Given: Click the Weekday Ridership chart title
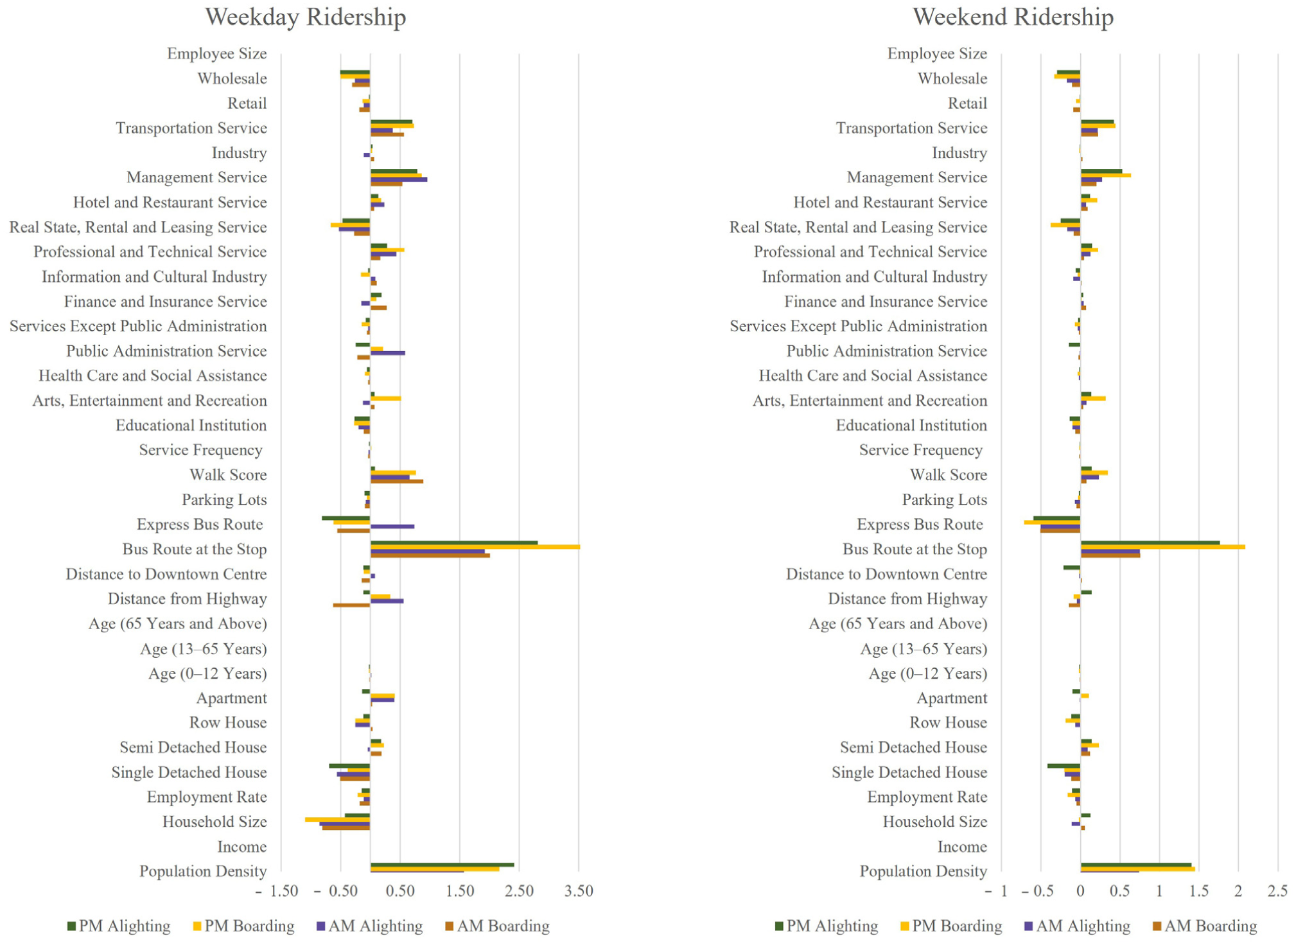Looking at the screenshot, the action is [x=305, y=17].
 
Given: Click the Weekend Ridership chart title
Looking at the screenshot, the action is [x=1013, y=17].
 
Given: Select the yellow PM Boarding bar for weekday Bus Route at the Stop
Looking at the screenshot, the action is [x=475, y=547].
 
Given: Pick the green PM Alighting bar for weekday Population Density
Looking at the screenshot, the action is [x=442, y=865].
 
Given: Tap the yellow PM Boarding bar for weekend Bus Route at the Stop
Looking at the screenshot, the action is [x=1163, y=547].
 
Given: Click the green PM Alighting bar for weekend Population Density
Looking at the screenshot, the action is [x=1136, y=865].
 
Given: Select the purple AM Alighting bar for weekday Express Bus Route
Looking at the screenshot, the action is [x=392, y=526].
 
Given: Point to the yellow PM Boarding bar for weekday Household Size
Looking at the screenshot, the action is [x=337, y=820].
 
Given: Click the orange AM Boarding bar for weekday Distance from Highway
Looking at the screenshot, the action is [x=351, y=605].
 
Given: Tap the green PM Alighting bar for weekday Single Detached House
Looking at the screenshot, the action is [x=349, y=766].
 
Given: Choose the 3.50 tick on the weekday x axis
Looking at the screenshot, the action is [x=579, y=891].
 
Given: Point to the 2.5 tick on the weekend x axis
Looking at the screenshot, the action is [x=1277, y=891].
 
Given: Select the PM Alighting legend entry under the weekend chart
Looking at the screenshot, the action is [x=826, y=926].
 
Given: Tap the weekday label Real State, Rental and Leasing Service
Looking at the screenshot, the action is [x=138, y=227].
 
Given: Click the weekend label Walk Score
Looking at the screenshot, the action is [x=949, y=475].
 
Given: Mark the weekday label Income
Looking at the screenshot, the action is [x=242, y=847].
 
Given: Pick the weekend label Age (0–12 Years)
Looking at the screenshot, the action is [x=928, y=673].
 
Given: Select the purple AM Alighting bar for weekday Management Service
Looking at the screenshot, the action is [x=399, y=180].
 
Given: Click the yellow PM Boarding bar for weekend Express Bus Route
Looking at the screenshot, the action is [x=1052, y=522].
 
